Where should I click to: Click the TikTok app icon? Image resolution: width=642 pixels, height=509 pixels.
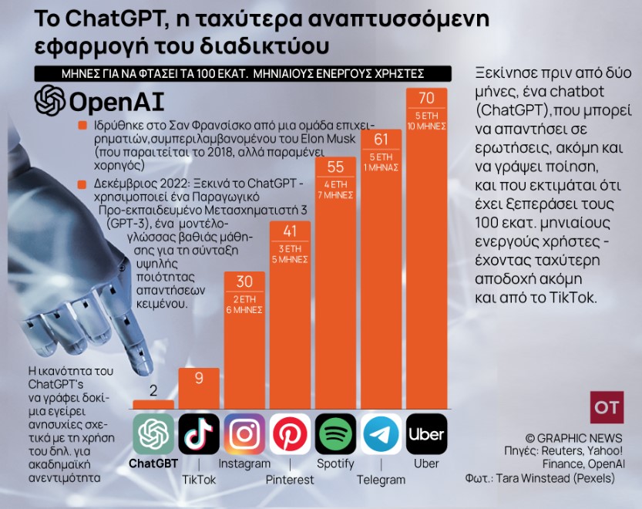(x=199, y=434)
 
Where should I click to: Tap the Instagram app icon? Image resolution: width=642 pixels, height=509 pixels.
(x=244, y=434)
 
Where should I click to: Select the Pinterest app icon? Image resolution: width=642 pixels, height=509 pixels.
(x=290, y=434)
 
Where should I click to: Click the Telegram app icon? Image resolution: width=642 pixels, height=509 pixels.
(x=381, y=434)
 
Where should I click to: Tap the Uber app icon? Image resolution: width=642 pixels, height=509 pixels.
(x=427, y=434)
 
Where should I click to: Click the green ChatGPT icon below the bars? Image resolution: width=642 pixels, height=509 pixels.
(x=153, y=434)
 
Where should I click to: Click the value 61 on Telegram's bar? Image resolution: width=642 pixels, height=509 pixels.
(x=381, y=139)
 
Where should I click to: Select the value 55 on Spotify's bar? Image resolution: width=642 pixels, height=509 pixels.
(x=335, y=167)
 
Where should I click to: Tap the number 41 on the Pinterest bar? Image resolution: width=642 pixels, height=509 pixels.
(x=290, y=231)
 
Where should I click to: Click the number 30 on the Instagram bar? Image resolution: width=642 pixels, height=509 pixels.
(x=244, y=282)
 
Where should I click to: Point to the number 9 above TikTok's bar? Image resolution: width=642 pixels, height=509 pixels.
(x=199, y=378)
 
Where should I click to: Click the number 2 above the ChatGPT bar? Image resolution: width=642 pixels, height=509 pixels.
(x=153, y=389)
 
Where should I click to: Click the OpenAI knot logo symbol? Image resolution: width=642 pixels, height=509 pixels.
(x=50, y=100)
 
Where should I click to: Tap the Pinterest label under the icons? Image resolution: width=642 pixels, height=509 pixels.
(x=290, y=479)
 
